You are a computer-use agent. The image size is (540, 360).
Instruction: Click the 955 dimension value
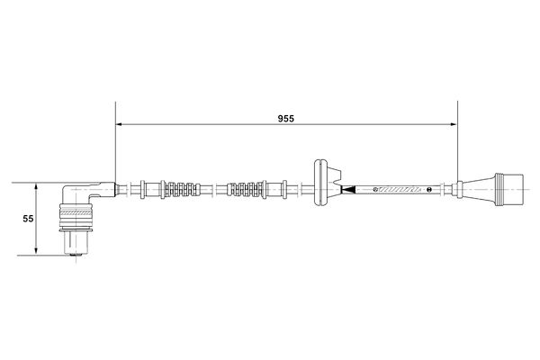pyautogui.click(x=286, y=119)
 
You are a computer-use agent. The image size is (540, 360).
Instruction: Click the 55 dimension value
pyautogui.click(x=28, y=219)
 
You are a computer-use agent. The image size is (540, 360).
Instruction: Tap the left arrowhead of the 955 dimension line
pyautogui.click(x=119, y=124)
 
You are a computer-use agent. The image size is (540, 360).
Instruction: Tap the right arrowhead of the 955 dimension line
pyautogui.click(x=454, y=124)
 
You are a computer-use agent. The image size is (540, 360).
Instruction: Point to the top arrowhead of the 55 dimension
pyautogui.click(x=36, y=186)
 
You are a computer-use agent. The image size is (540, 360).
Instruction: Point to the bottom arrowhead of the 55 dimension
pyautogui.click(x=36, y=252)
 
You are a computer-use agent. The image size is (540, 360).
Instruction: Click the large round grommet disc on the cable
pyautogui.click(x=319, y=183)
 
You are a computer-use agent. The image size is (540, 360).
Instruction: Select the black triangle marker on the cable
pyautogui.click(x=347, y=190)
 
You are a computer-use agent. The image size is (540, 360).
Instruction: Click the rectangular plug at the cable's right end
pyautogui.click(x=509, y=190)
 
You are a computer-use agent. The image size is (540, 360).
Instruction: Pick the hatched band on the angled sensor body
pyautogui.click(x=76, y=213)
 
